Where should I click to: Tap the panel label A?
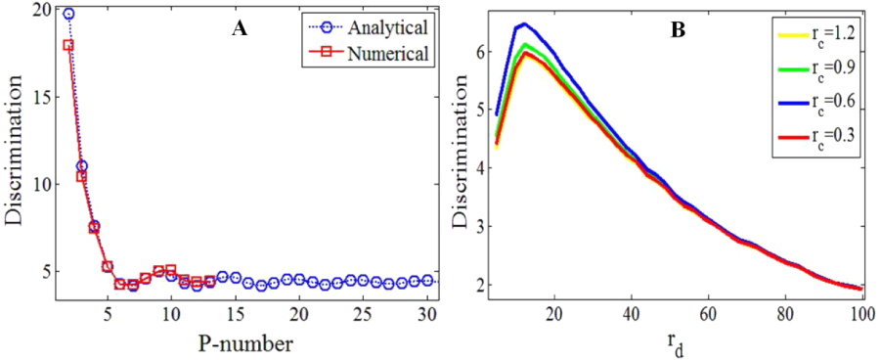click(x=239, y=29)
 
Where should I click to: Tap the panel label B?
click(x=677, y=29)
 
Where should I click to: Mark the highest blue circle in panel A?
click(x=68, y=14)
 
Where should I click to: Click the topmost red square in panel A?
click(x=68, y=45)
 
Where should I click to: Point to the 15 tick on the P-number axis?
click(x=235, y=315)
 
